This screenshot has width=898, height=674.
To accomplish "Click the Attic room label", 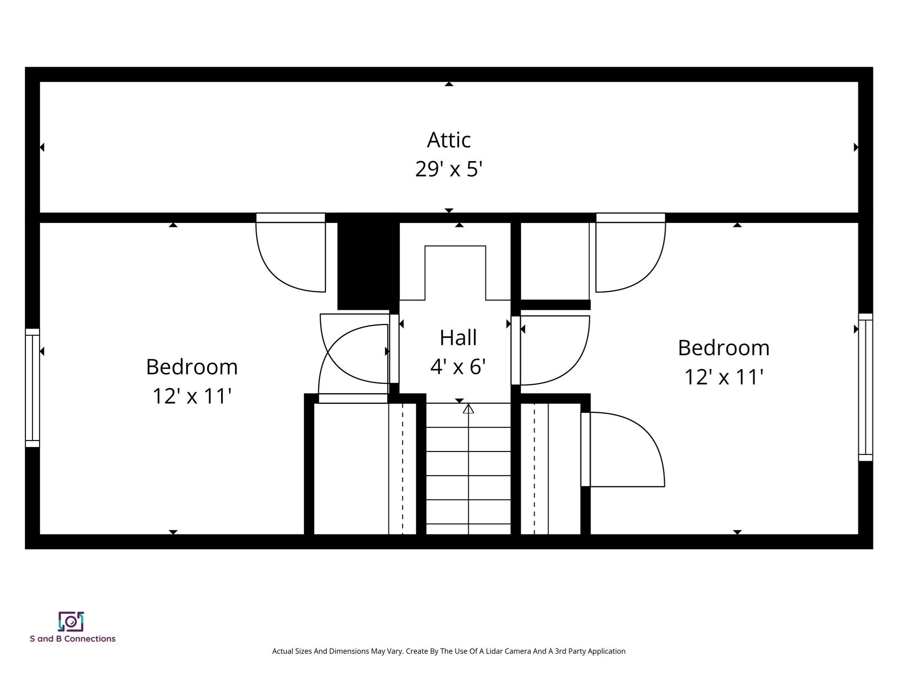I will coord(449,140).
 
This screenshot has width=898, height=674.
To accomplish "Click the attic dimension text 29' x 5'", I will coord(449,169).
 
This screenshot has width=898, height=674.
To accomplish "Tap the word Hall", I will coord(458,338).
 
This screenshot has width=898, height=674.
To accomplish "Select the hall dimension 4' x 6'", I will coord(458,367).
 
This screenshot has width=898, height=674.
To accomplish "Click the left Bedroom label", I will coord(192,367).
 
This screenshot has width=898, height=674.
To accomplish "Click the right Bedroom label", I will coord(723,348).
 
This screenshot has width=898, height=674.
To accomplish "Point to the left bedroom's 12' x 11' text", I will coord(192,396).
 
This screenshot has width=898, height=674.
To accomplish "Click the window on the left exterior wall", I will coord(32,387).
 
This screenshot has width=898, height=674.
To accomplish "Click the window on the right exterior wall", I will coord(865,387).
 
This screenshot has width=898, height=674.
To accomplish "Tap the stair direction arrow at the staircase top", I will coord(468,409).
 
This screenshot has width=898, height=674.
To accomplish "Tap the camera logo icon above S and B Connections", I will coord(71,621).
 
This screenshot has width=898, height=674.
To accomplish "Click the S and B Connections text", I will coord(72,639).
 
